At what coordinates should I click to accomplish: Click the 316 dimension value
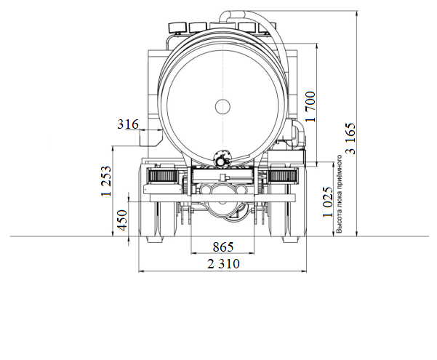pos(128,124)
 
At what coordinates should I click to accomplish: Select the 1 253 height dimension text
pos(106,181)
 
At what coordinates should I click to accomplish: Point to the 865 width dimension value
pos(223,247)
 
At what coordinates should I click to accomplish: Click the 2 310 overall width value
pos(223,264)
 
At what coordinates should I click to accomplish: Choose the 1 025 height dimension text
pos(328,202)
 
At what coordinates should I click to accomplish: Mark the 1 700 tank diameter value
pos(311,106)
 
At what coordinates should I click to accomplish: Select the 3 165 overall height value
pos(350,138)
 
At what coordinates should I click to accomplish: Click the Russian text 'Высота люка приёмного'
pos(340,193)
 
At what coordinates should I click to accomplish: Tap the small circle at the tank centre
pos(223,106)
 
